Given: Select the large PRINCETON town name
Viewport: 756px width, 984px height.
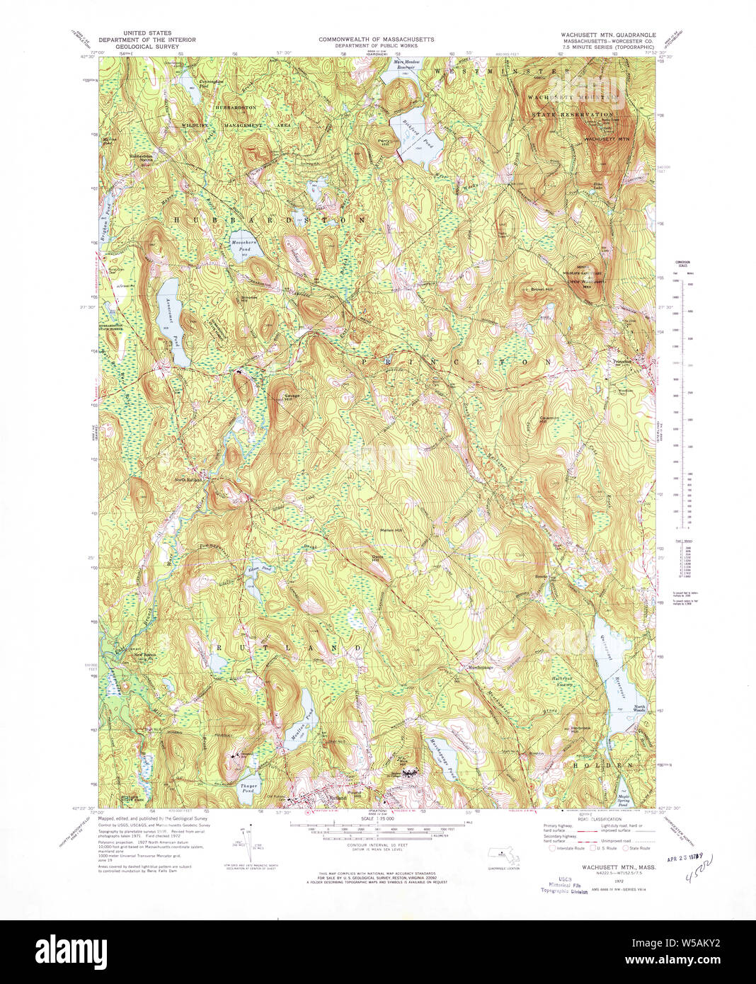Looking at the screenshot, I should [x=457, y=362].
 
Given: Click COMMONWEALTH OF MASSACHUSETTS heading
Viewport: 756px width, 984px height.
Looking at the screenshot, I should [x=376, y=40].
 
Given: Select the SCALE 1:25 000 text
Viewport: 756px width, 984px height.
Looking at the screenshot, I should [x=376, y=819].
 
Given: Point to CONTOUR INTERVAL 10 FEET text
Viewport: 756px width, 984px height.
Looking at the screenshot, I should [x=376, y=845].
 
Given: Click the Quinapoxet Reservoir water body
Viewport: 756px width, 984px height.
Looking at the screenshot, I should [x=614, y=680].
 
